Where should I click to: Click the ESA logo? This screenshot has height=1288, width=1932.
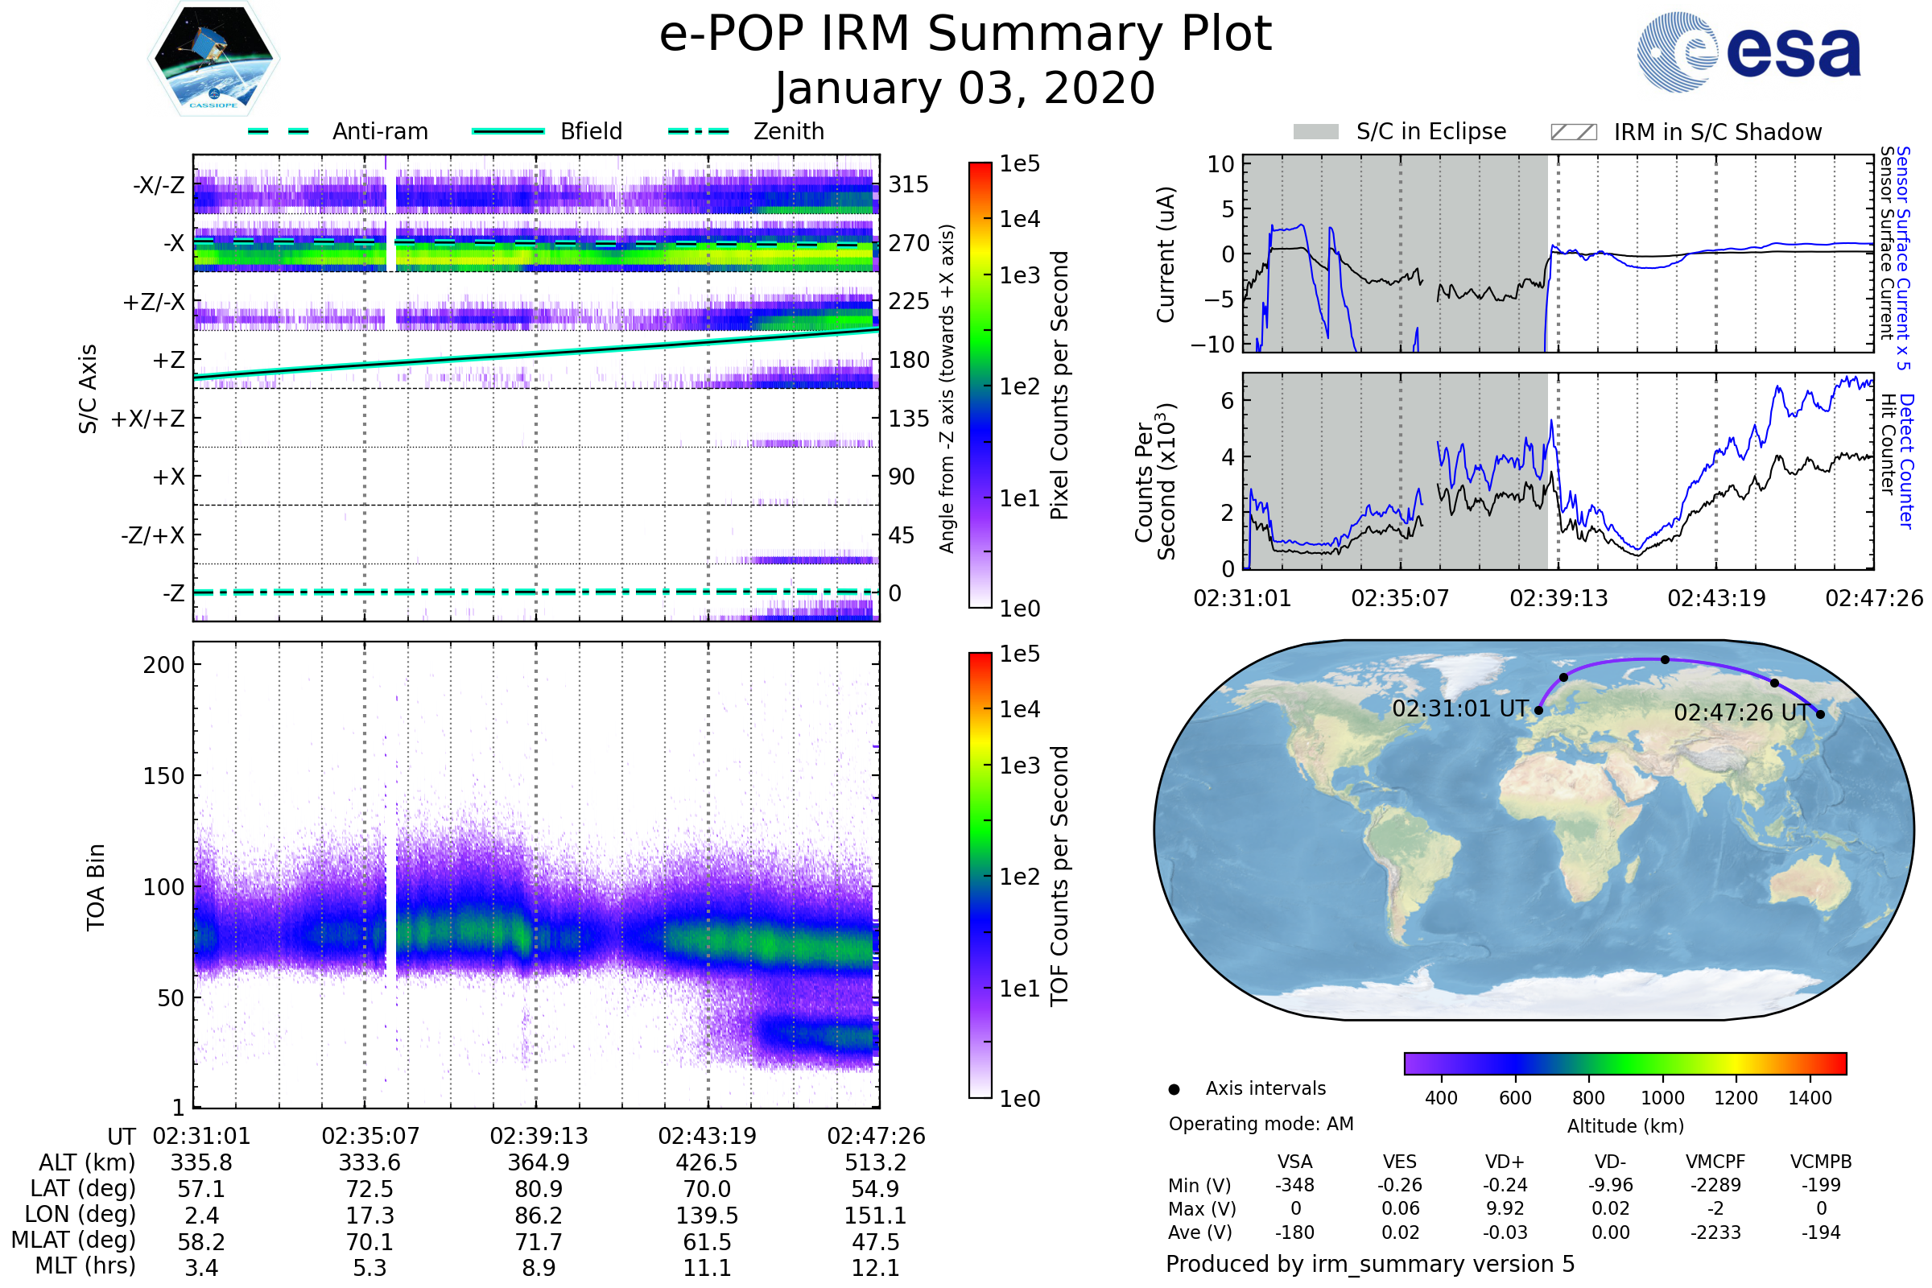(x=1748, y=51)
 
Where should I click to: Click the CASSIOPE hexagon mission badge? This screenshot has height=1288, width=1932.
(x=213, y=57)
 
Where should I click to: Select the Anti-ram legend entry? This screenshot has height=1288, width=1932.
(x=337, y=131)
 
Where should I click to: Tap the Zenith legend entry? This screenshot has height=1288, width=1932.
(x=746, y=131)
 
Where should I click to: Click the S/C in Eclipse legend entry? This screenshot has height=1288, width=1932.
(x=1400, y=131)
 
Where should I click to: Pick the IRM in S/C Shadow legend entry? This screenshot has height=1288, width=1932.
(x=1686, y=132)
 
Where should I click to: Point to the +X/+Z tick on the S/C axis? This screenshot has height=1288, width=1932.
(x=148, y=419)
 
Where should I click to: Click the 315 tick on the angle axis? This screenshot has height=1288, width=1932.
(x=909, y=184)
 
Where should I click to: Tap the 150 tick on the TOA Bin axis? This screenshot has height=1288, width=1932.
(x=163, y=776)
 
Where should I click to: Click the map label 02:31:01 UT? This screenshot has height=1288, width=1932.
(x=1459, y=708)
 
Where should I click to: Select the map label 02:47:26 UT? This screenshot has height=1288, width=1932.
(x=1741, y=712)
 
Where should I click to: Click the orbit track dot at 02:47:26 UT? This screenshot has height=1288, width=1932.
(x=1820, y=714)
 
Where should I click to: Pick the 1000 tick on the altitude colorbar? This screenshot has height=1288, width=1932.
(x=1662, y=1098)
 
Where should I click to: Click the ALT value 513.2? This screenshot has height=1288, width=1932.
(x=876, y=1162)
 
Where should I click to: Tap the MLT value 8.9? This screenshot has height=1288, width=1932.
(x=539, y=1267)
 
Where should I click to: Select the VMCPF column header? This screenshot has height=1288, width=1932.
(x=1715, y=1162)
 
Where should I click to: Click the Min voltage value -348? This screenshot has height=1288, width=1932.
(x=1294, y=1185)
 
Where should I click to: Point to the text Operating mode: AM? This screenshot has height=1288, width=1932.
(x=1261, y=1124)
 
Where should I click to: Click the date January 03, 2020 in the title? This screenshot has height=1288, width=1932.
(x=965, y=88)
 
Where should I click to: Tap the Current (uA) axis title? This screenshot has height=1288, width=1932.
(x=1166, y=254)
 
